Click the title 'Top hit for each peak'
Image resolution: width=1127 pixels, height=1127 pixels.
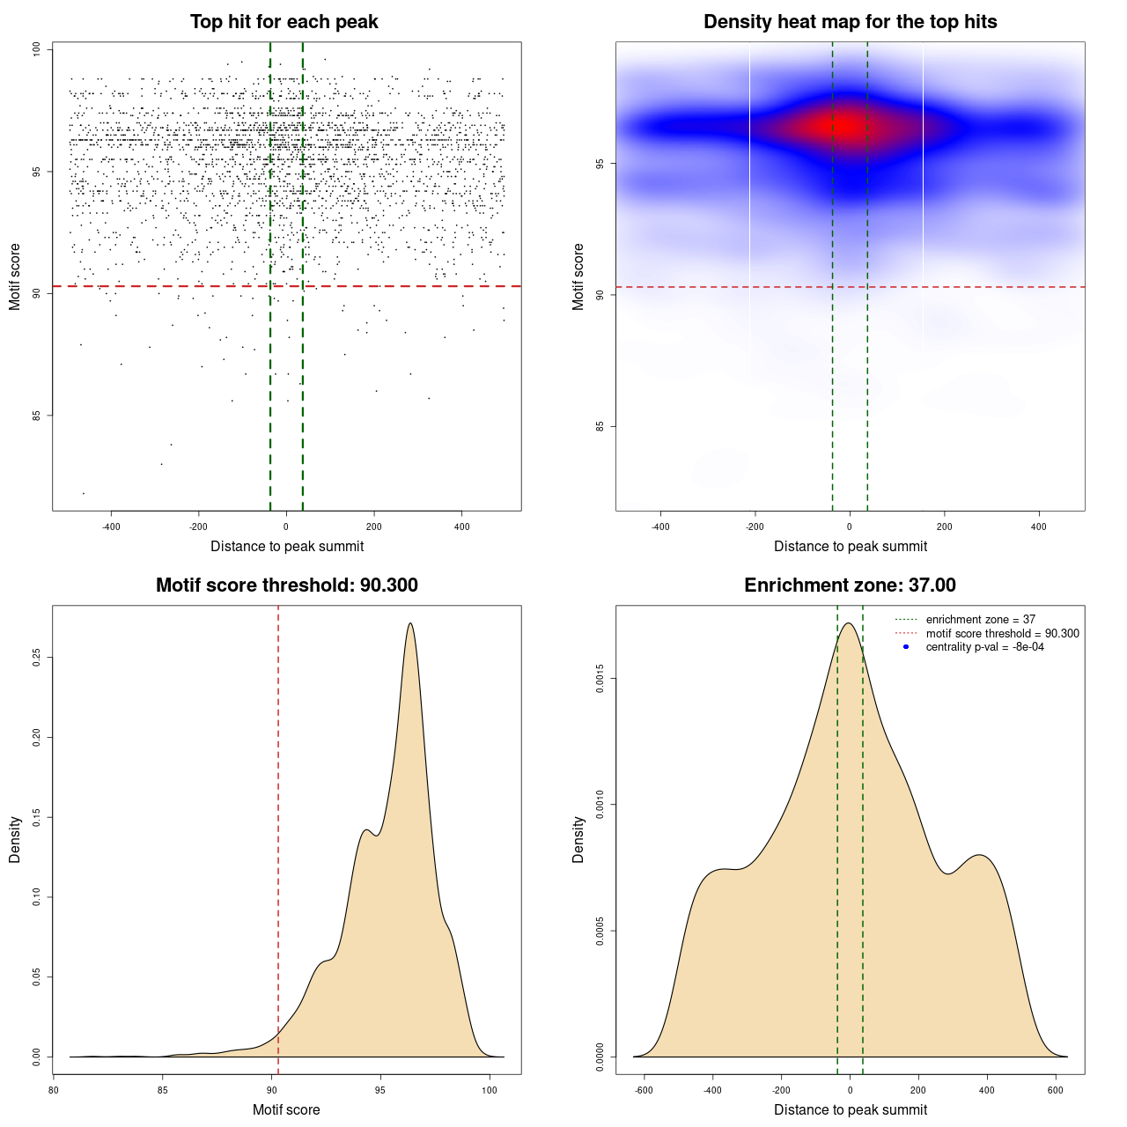pos(284,22)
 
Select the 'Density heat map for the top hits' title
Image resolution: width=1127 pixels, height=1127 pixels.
pos(850,22)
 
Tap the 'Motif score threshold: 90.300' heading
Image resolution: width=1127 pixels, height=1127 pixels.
pos(286,586)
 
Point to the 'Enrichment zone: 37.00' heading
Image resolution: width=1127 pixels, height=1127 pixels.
pos(850,586)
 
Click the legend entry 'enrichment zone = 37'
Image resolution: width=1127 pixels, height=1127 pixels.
pos(980,620)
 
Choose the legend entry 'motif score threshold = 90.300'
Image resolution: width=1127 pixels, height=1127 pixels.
pos(1002,634)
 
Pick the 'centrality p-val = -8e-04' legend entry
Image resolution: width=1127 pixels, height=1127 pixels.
pos(984,647)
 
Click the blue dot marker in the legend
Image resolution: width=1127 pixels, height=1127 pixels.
pos(906,647)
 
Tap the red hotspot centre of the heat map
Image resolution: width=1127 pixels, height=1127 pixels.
pos(845,127)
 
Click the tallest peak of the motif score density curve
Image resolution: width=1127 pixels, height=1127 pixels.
pos(410,623)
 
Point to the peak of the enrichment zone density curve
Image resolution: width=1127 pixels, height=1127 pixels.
pos(848,623)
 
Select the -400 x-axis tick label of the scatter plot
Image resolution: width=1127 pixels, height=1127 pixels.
pos(111,527)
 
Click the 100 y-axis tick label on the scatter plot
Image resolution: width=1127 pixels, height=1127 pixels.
pos(37,49)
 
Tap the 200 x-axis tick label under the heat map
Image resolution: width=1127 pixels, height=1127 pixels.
pos(944,527)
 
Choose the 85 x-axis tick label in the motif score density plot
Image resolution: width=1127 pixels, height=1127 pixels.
pos(162,1090)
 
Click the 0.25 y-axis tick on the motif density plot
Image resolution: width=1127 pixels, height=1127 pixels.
pos(37,658)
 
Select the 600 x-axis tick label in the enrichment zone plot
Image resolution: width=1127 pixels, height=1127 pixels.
pos(1055,1090)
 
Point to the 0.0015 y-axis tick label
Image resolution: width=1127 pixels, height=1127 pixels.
pos(600,679)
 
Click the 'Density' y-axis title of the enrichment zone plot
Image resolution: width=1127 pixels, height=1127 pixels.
pos(578,839)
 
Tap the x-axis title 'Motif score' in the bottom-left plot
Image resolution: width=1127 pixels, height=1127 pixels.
pos(286,1109)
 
